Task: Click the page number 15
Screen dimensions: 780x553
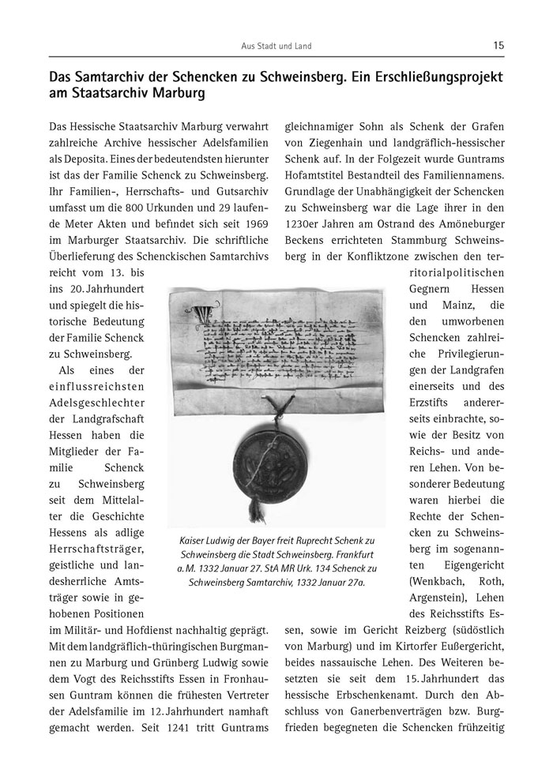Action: (x=498, y=46)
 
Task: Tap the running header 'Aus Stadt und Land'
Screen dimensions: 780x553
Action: (x=276, y=47)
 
